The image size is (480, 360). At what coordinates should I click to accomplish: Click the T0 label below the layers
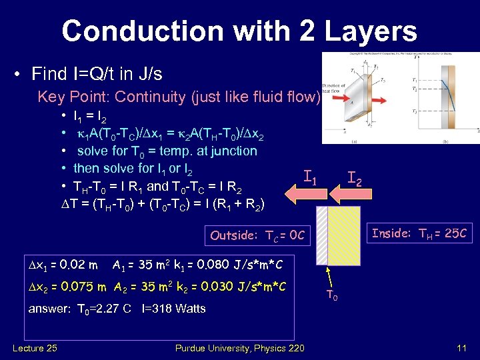[331, 295]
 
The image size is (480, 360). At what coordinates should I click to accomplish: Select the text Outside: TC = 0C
[257, 235]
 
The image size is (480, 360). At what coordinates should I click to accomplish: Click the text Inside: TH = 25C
[419, 233]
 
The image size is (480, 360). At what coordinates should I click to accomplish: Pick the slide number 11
[461, 348]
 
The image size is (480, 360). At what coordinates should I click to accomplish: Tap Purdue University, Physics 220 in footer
[239, 348]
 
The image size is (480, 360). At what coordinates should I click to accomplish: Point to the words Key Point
[73, 97]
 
